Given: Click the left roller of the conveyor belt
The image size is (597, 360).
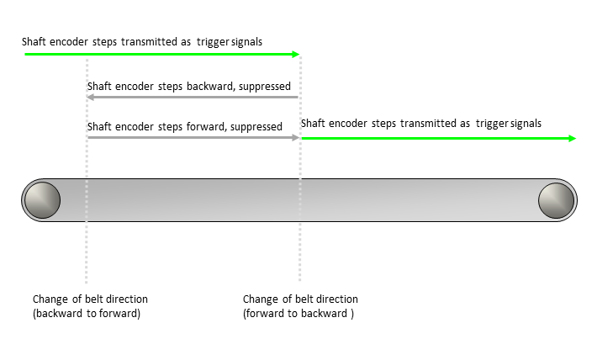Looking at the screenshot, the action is tap(42, 200).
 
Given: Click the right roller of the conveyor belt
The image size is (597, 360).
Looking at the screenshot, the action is tap(557, 200).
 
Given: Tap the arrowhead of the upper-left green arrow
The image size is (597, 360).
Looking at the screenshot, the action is tap(295, 55).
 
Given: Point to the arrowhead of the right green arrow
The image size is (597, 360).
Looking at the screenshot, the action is tap(572, 138).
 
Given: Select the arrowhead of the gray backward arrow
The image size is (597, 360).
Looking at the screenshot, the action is tap(91, 97).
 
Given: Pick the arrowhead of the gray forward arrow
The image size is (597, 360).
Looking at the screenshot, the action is tap(295, 138).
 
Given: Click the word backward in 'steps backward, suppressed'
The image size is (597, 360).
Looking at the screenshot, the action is tap(211, 87).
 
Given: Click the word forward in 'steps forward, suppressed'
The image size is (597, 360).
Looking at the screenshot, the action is tap(206, 126).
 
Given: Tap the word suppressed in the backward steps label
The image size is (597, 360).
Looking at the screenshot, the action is tap(265, 87).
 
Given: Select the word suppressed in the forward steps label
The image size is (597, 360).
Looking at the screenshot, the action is tap(256, 127).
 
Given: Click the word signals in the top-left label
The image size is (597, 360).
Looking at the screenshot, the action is tap(246, 42).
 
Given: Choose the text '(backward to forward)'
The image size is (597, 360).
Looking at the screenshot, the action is tap(87, 314).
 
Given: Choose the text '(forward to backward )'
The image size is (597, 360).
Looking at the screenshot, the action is tap(298, 314).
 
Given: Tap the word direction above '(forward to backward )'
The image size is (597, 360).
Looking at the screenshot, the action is tap(338, 299).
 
